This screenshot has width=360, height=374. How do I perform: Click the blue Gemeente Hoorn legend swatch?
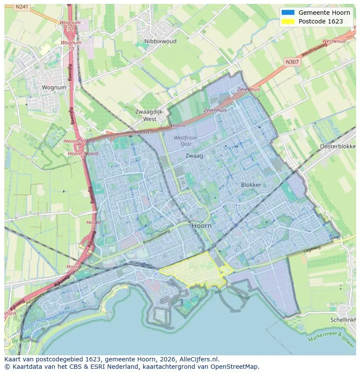[287, 13]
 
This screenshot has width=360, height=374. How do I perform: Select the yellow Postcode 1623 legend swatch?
[287, 21]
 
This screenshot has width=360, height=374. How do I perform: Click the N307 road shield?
[292, 62]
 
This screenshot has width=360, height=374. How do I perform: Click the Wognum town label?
[54, 87]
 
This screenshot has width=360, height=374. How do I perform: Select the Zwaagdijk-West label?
[150, 115]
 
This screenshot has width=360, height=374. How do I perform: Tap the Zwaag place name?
[194, 156]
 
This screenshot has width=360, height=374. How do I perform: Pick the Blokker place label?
[251, 185]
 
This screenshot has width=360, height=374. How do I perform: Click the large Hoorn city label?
[201, 226]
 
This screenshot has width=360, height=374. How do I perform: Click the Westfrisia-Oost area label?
[186, 141]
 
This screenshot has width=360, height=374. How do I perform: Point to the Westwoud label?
[334, 41]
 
